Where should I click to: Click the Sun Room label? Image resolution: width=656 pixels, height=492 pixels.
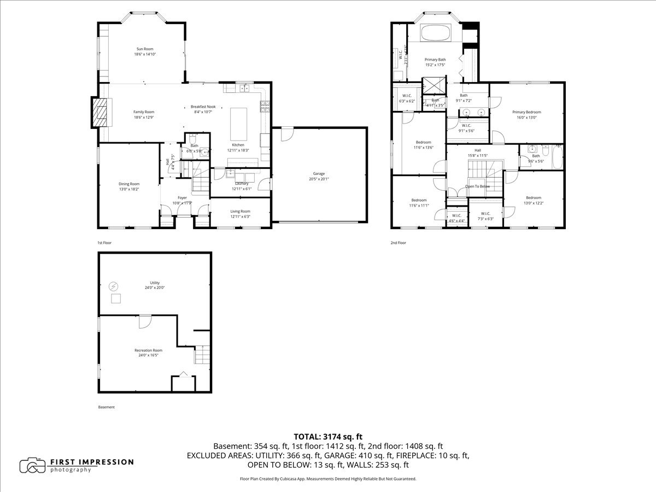[144, 49]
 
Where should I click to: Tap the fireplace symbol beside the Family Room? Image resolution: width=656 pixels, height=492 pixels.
[99, 113]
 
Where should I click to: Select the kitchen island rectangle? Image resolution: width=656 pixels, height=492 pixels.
[238, 125]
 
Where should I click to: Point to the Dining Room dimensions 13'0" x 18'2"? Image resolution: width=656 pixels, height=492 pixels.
[129, 189]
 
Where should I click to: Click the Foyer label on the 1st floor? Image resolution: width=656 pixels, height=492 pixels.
[182, 197]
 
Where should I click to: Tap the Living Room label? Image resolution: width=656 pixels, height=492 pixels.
[240, 211]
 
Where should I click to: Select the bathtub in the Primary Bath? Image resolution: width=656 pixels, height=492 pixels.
[436, 33]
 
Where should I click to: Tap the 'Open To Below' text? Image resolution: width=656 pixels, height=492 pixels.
[477, 186]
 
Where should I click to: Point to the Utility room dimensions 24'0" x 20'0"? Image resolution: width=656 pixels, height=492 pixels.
[155, 288]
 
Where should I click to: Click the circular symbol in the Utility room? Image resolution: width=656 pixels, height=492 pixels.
[114, 285]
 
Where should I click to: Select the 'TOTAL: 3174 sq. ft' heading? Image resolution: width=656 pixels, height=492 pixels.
[328, 436]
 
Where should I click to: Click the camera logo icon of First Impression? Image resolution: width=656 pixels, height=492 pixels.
[32, 465]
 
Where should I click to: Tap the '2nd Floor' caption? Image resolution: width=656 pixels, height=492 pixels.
[398, 242]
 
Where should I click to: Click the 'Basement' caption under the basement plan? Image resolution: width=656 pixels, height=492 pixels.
[106, 407]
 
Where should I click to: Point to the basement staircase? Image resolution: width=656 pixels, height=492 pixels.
[202, 355]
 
